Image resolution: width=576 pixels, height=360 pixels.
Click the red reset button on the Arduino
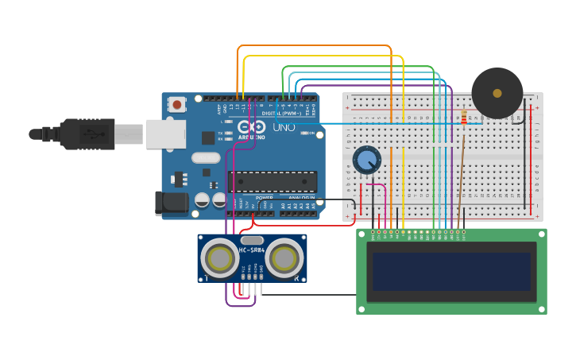(176, 104)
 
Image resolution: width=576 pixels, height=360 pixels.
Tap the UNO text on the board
(284, 127)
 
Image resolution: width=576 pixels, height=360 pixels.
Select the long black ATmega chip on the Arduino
(273, 181)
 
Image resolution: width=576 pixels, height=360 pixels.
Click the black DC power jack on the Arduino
(172, 203)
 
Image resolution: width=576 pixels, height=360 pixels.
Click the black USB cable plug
(87, 134)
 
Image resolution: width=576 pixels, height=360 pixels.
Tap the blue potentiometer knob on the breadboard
(366, 161)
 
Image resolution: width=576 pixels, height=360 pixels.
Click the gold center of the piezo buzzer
(497, 93)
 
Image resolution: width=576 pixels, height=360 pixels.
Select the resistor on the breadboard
(464, 118)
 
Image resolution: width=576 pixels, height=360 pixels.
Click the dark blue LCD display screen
(451, 272)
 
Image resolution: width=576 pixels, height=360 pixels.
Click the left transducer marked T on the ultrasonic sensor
(219, 257)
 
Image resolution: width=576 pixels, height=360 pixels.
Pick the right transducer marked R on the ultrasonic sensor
(284, 257)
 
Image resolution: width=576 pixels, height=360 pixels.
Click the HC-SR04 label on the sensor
(252, 251)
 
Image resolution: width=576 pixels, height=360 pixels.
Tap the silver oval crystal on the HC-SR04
(252, 240)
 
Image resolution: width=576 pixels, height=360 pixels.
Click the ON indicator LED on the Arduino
(305, 133)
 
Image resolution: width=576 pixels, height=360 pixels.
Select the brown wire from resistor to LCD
(461, 175)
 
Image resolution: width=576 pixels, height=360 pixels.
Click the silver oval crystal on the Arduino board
(205, 157)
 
